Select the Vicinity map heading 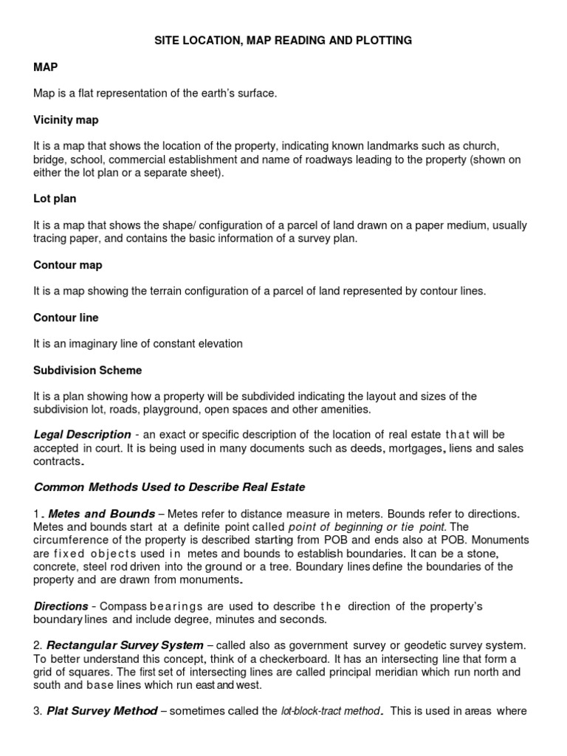point(66,120)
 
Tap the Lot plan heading point(55,199)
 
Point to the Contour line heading point(66,317)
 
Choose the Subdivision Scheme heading point(87,370)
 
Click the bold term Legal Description point(82,434)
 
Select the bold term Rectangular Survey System point(126,645)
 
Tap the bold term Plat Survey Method point(102,712)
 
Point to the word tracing point(53,238)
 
